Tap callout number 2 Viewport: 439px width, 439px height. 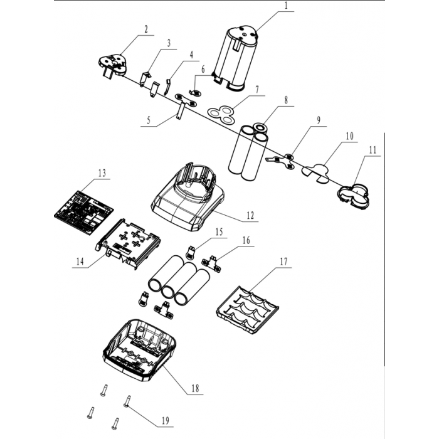coord(146,29)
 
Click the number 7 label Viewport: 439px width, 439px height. coord(257,90)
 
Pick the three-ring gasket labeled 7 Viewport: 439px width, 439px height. coord(221,112)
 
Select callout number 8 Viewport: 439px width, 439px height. coord(285,100)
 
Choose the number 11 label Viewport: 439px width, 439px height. coord(373,151)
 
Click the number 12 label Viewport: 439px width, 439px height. coord(250,215)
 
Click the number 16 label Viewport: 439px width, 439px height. coord(245,241)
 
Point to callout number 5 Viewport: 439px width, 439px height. coord(148,122)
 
